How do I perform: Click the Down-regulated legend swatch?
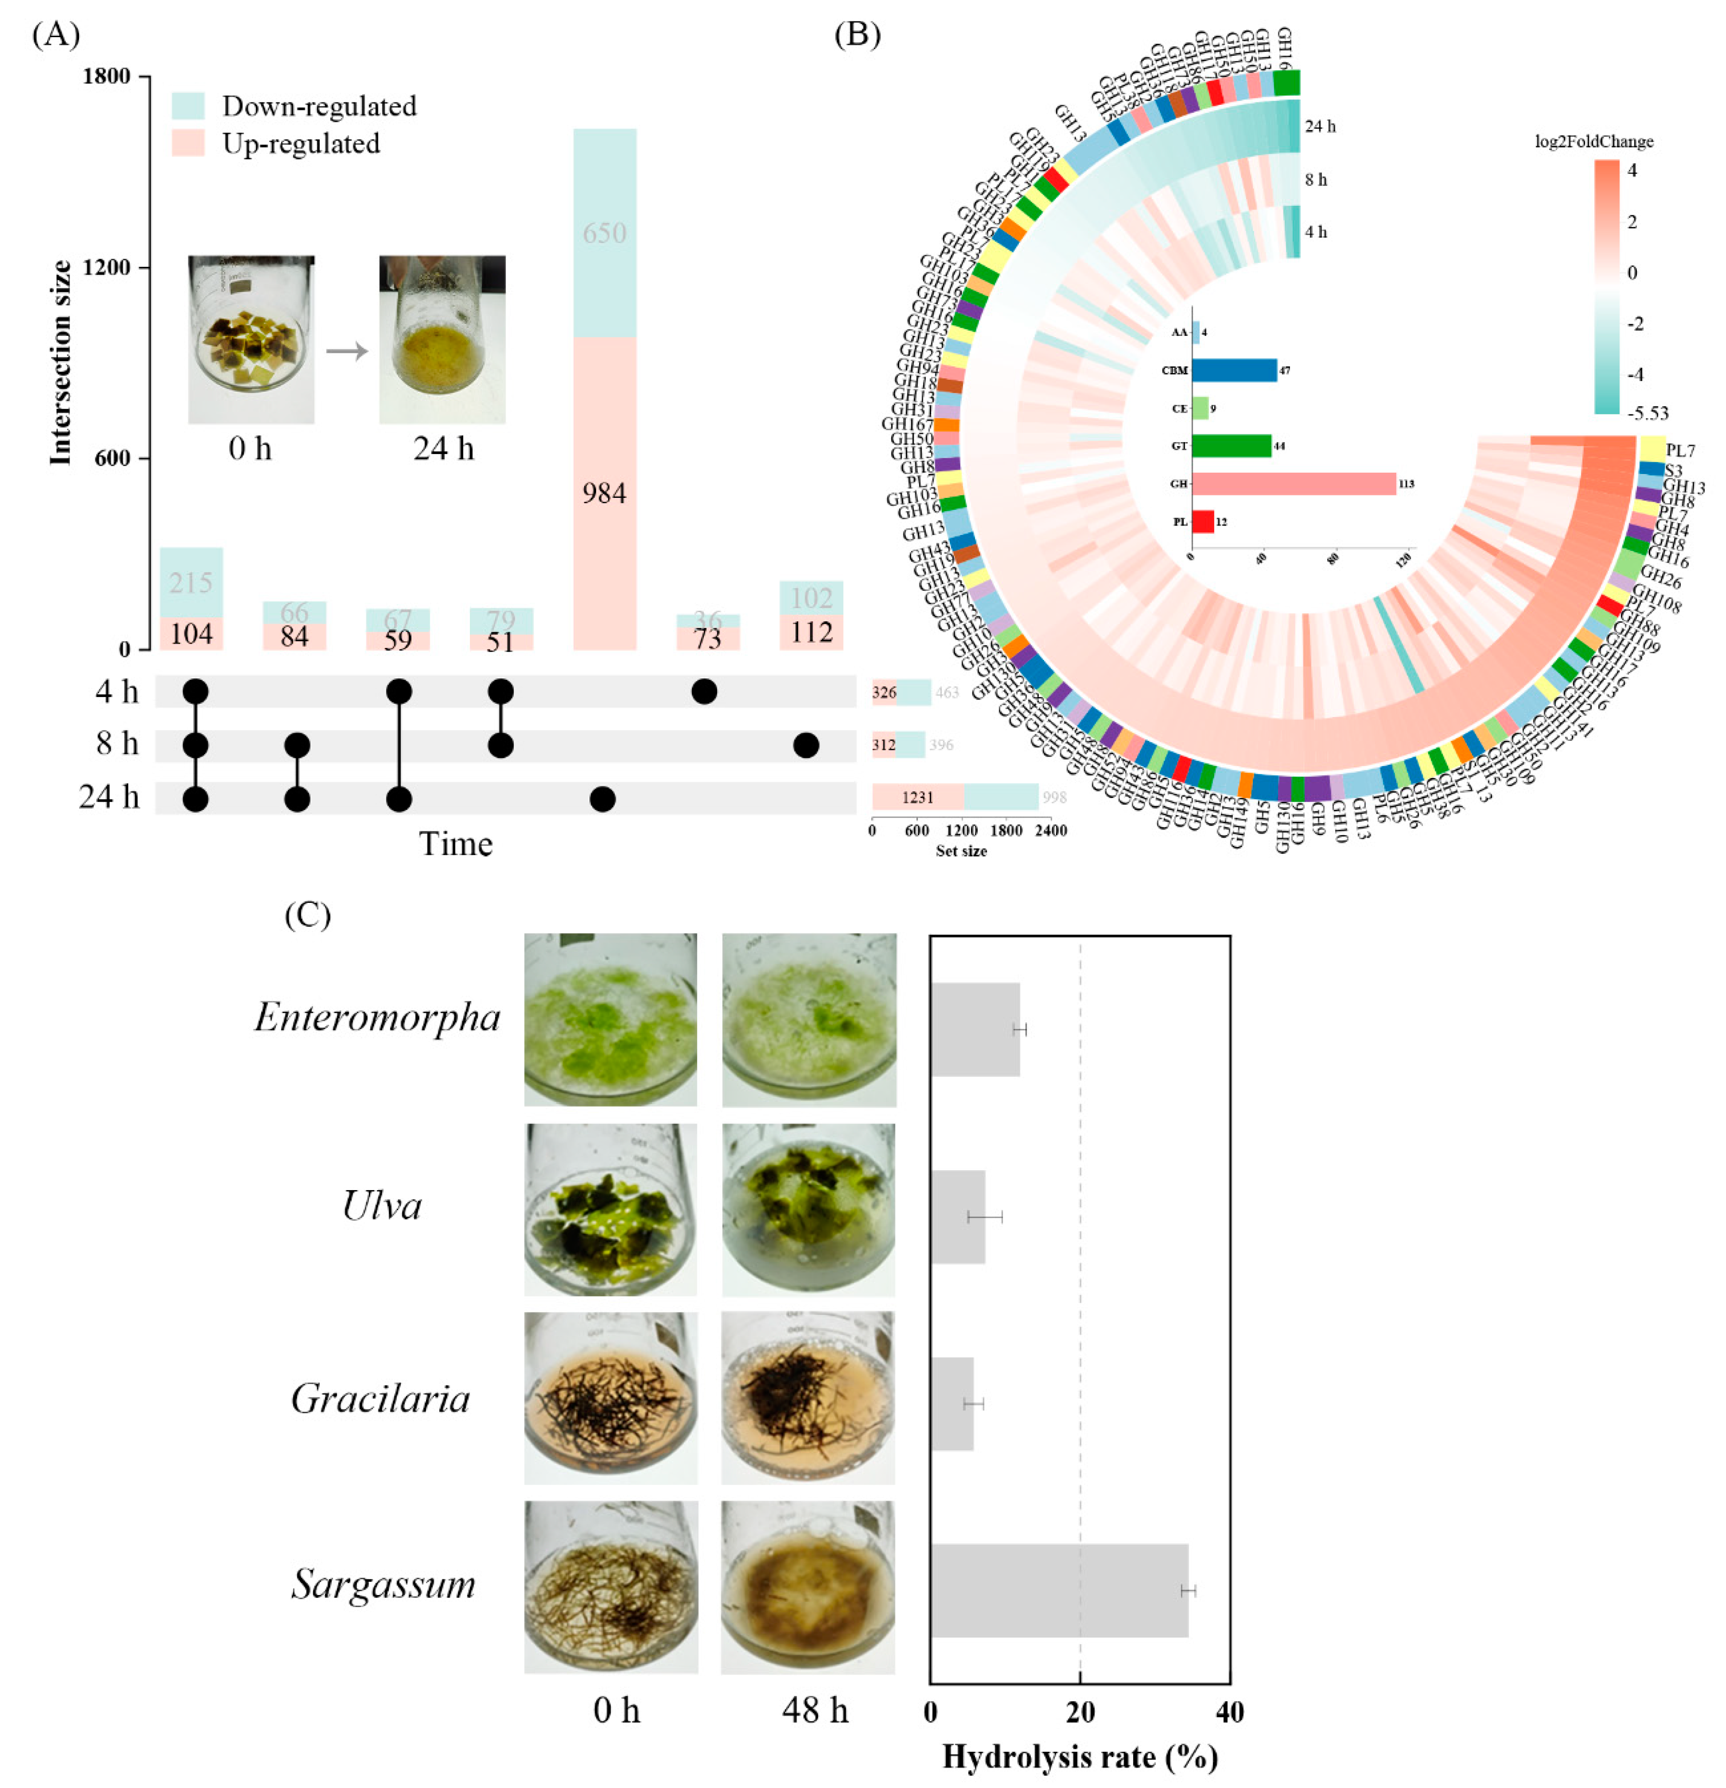pos(188,106)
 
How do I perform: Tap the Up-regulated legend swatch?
pos(188,143)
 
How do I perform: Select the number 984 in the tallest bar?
pos(604,494)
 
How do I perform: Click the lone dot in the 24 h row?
pos(602,799)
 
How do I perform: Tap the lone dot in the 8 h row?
pos(805,745)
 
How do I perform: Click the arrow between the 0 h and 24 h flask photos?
pos(346,350)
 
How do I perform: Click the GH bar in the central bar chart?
pos(1293,484)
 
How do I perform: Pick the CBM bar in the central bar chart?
pos(1233,370)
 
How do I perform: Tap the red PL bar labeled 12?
pos(1202,522)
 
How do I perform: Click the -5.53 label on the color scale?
pos(1647,413)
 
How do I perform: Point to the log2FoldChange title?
pos(1594,141)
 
